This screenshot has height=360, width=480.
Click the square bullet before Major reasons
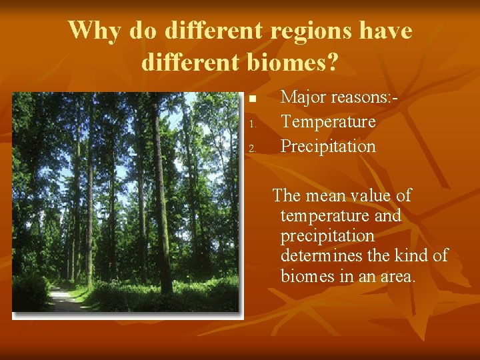point(252,99)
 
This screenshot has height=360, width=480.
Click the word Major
point(303,97)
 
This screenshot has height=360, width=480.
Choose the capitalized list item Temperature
point(328,122)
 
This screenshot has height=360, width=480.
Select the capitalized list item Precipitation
point(328,146)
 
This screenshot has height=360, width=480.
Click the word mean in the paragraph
point(328,196)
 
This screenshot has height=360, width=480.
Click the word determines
point(319,256)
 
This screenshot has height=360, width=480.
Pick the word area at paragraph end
point(395,276)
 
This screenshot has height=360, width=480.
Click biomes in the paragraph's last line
point(308,276)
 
